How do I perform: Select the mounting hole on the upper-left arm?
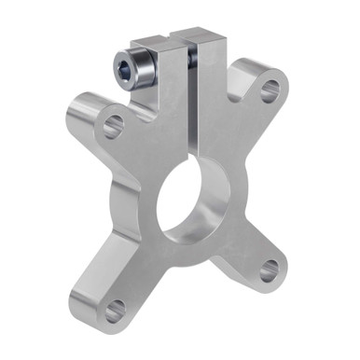(x=113, y=124)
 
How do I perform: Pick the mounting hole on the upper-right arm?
(x=270, y=90)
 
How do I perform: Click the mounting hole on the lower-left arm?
(x=114, y=311)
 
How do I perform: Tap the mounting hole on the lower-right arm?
(x=269, y=270)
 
